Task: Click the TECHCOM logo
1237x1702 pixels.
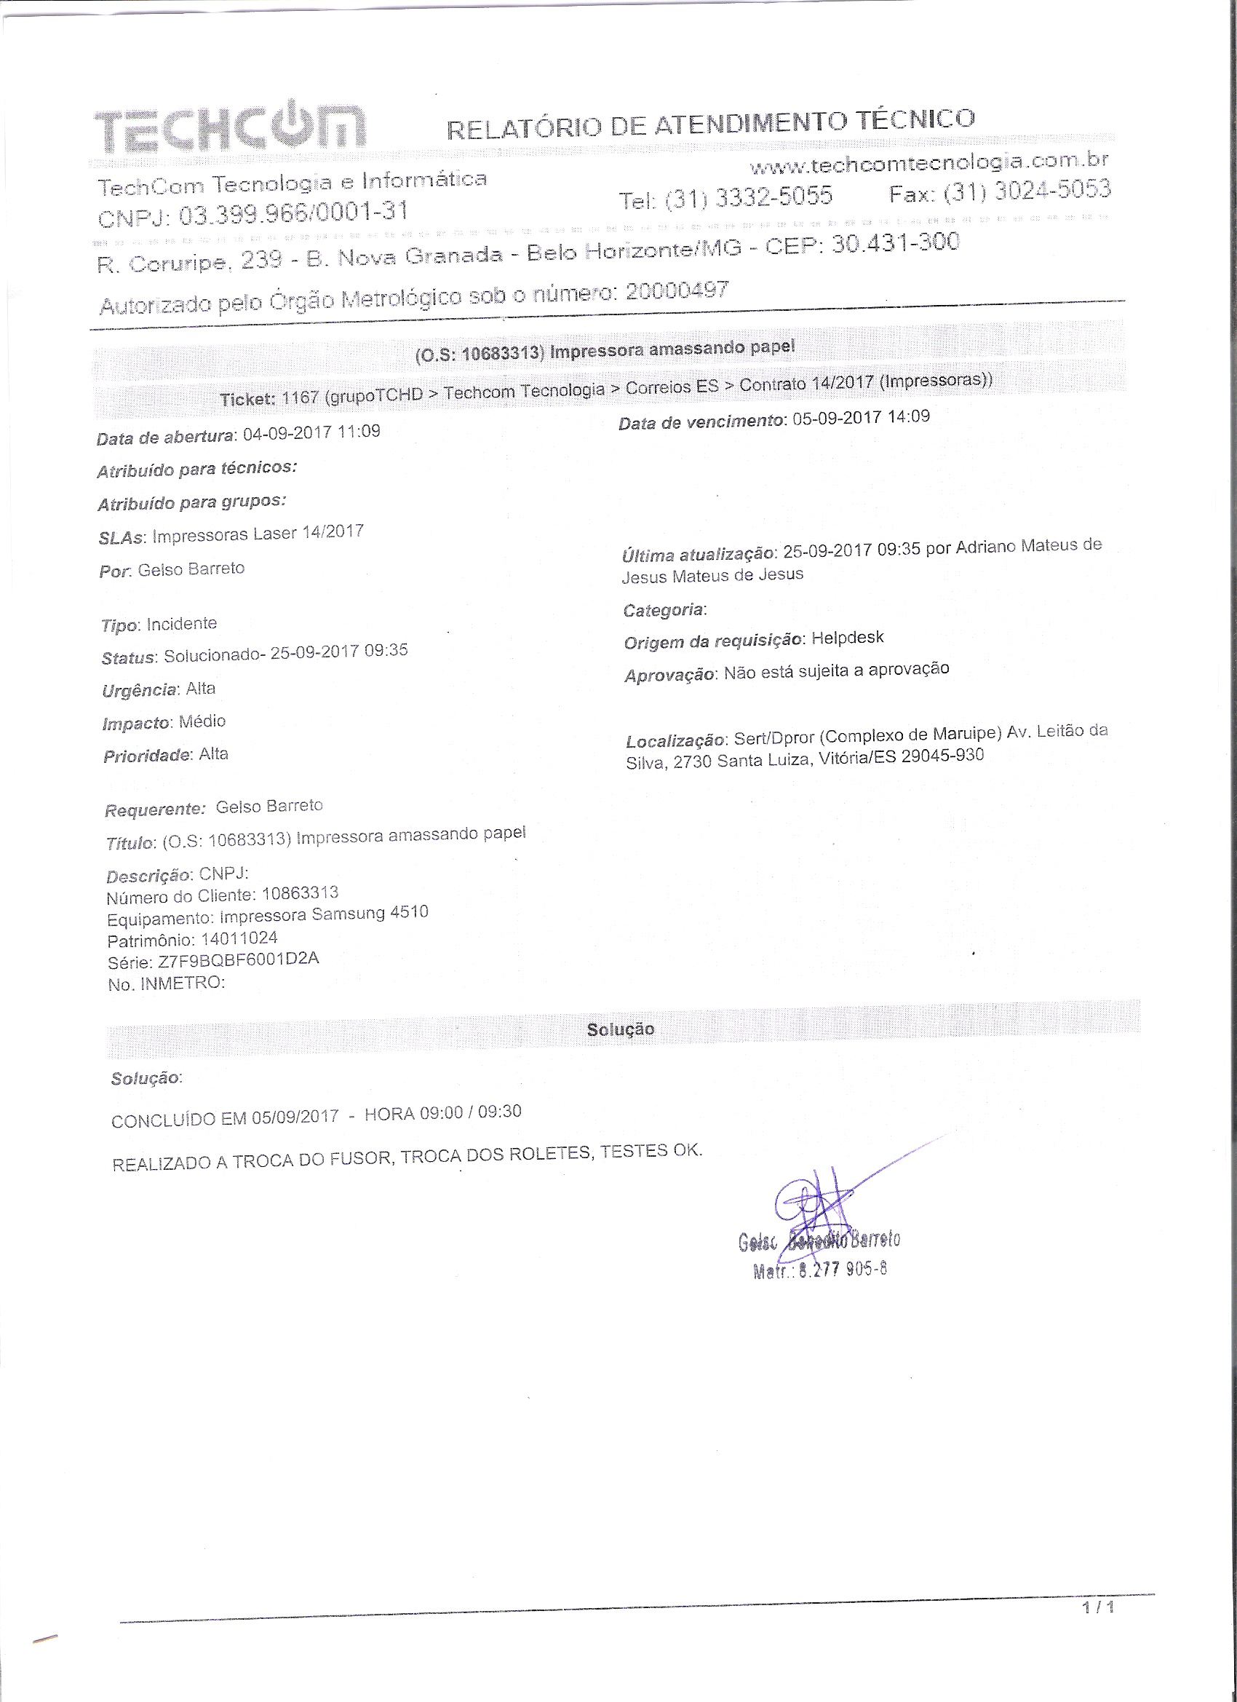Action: click(x=229, y=128)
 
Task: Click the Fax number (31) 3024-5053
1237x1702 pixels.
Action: click(x=1027, y=191)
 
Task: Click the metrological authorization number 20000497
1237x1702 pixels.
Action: click(x=676, y=290)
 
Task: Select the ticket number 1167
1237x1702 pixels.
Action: click(x=300, y=397)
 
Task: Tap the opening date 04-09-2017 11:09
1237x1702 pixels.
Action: click(x=311, y=432)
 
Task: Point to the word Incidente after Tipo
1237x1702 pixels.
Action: click(x=181, y=624)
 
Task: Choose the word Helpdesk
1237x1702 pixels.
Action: click(x=848, y=638)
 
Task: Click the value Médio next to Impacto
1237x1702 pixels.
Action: click(x=202, y=721)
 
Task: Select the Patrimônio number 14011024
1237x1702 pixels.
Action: click(x=239, y=939)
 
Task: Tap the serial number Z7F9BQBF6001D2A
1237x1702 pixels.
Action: click(x=239, y=961)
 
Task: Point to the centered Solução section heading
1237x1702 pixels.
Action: click(x=621, y=1029)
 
